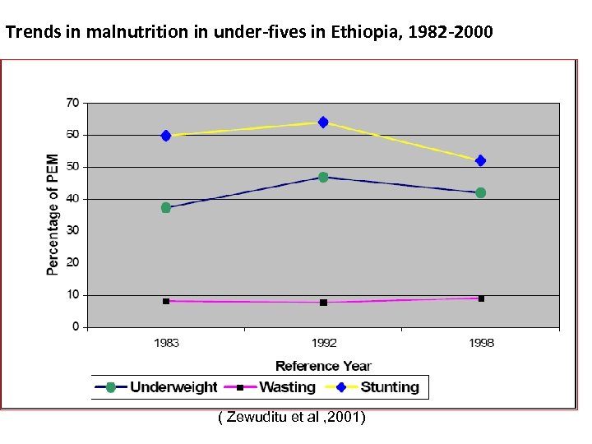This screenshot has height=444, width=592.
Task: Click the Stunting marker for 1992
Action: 323,123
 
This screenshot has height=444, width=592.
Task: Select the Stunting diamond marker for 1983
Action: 166,136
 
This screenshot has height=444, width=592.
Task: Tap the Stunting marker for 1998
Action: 480,160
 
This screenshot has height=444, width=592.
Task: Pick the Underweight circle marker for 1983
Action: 166,208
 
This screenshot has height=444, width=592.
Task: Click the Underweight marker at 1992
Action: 323,177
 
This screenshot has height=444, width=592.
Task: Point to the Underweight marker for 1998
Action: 480,193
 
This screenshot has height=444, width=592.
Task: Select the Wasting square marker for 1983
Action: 166,301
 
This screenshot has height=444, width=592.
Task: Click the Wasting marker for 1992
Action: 323,303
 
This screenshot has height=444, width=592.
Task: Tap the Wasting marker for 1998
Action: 481,298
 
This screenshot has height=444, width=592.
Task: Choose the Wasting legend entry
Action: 276,387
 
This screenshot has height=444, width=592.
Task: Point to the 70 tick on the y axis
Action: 72,103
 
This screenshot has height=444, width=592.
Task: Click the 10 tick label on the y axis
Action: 72,294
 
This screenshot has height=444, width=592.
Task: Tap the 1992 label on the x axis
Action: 323,343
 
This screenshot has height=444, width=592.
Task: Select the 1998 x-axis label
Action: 481,343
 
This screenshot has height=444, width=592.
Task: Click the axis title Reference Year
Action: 323,366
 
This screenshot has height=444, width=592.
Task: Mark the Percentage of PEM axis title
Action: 53,214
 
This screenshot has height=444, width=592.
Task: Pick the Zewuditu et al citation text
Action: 292,419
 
